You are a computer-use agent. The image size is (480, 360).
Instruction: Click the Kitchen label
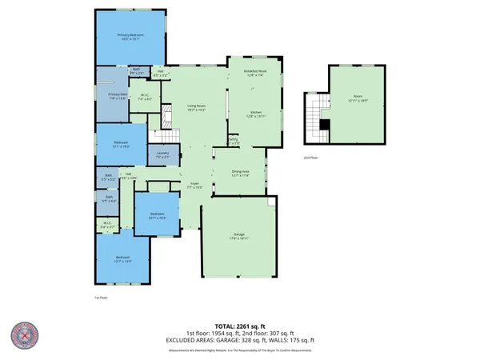tap(255, 114)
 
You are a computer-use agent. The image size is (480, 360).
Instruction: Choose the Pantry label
tap(233, 142)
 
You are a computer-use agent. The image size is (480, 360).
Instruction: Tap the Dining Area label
tap(241, 171)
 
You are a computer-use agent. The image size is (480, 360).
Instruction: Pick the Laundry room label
tap(162, 155)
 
